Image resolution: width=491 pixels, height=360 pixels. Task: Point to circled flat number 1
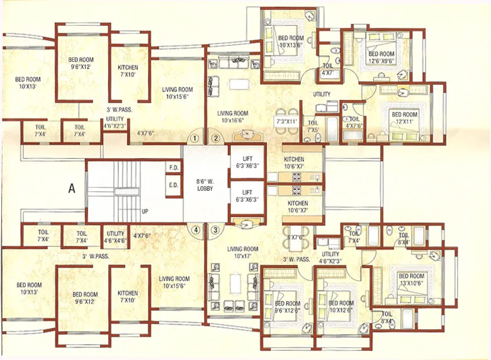coord(196,138)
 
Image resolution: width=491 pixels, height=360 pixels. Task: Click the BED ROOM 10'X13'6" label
coord(291,41)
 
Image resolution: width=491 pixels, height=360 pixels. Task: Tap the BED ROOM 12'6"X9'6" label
coord(378,58)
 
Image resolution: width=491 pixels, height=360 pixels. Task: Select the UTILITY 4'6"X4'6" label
coord(116,237)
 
